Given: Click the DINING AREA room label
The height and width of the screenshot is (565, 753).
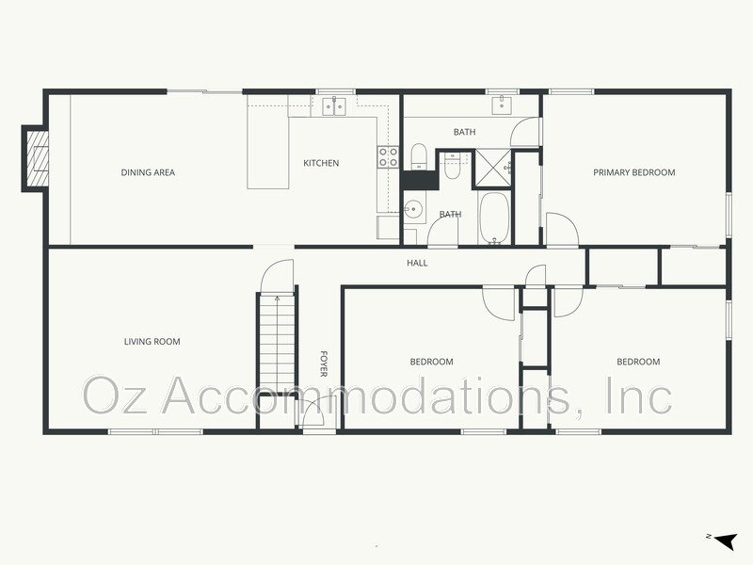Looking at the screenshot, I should tap(148, 172).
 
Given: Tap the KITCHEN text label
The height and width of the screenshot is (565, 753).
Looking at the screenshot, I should tap(320, 163).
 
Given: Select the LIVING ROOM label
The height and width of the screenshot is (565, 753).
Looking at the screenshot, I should tap(152, 342).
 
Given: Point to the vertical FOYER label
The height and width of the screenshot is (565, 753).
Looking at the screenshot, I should tap(324, 364).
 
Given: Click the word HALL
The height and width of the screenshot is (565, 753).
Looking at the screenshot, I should tap(417, 263).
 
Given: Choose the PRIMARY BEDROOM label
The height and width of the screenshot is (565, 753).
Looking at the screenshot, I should tap(633, 172).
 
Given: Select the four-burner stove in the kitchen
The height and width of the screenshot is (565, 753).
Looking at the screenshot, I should tap(387, 157).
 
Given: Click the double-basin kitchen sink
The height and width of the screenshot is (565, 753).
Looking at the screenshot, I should tap(334, 106).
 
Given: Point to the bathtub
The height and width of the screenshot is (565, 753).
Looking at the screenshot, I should tap(493, 218).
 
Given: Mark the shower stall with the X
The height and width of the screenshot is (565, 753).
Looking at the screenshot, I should tap(490, 166).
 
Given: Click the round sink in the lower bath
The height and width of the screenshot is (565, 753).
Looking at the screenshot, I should tap(411, 209).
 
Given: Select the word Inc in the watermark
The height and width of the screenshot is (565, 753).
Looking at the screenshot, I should tap(639, 395).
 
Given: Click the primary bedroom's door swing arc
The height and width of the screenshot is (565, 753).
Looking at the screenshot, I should tap(562, 229).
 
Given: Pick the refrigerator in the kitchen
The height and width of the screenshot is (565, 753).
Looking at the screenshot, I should tap(388, 227).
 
